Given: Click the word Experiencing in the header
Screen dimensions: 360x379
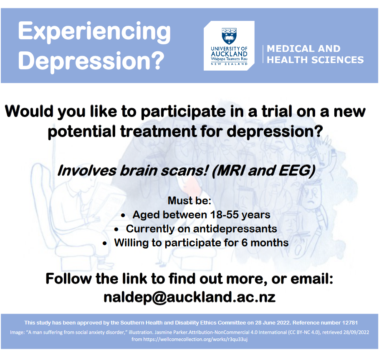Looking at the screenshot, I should [x=94, y=33].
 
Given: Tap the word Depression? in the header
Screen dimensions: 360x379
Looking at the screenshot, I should [x=91, y=61].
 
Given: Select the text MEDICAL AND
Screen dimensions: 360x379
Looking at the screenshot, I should [x=303, y=49].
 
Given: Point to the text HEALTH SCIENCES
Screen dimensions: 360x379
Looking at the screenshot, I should [x=315, y=60].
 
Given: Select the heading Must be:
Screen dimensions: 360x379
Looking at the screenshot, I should [x=189, y=200].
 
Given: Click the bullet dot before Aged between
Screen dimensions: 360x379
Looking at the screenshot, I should [x=124, y=215].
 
